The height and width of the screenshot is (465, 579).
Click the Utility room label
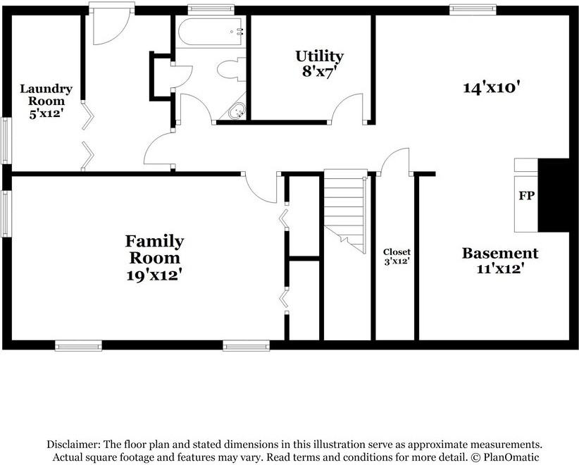coord(319,56)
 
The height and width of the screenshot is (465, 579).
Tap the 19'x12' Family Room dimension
coord(155,275)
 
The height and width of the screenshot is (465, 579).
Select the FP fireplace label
coord(527,195)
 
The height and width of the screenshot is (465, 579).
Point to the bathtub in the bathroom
coord(211,32)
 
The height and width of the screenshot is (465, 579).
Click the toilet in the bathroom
coord(231,70)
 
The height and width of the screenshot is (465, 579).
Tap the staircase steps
coord(345,211)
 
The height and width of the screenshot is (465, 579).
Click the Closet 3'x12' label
coord(397,256)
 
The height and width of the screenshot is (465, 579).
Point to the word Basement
coord(500,254)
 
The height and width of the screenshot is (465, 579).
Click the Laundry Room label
coord(46,94)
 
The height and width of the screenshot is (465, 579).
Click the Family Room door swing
coord(260,189)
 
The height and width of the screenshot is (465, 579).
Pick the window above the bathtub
coord(211,10)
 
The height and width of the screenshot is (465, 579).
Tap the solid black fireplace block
coord(554,195)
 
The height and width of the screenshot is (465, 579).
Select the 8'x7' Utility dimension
coord(319,71)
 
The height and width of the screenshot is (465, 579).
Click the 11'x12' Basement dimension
coord(500,268)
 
